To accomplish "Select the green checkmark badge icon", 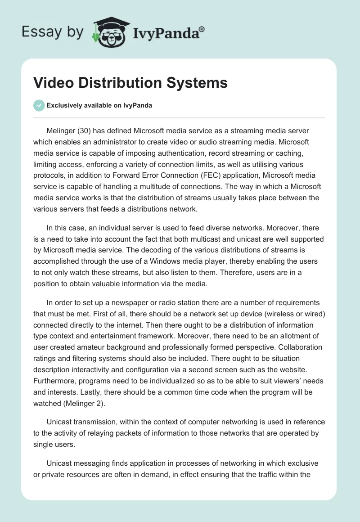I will click(39, 106).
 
